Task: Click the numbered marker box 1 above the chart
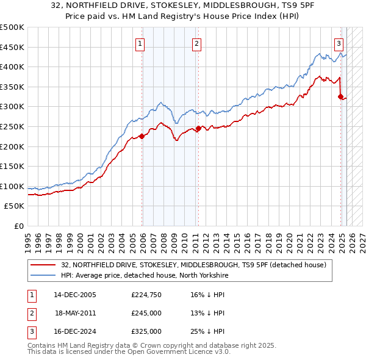[x=141, y=43]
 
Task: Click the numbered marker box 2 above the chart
[x=197, y=43]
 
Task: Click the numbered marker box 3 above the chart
[x=339, y=43]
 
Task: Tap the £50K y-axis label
[x=15, y=206]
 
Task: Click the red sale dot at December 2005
[x=142, y=137]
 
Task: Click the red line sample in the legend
[x=43, y=265]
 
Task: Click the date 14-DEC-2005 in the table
[x=75, y=295]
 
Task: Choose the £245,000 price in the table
[x=146, y=313]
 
